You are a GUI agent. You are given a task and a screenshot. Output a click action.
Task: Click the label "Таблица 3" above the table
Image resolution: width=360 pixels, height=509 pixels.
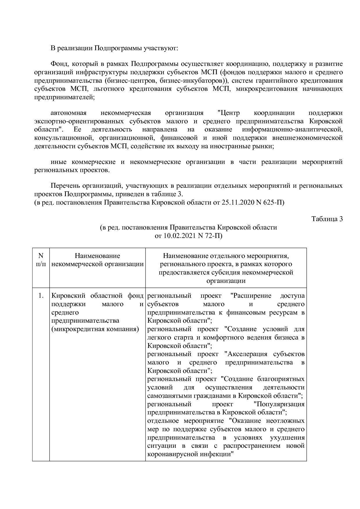point(327,219)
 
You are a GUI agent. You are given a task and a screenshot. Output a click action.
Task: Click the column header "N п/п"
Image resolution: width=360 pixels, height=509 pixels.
point(41,260)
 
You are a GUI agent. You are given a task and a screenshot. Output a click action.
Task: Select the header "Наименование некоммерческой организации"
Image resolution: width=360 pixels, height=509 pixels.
point(97,260)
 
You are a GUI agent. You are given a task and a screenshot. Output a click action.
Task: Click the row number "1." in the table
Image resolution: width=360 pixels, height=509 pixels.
point(41,296)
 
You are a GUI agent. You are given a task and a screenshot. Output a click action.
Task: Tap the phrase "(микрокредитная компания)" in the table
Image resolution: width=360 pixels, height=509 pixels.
point(95,329)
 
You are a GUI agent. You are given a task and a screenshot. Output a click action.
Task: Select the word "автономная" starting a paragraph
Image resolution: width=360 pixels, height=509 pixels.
point(69,113)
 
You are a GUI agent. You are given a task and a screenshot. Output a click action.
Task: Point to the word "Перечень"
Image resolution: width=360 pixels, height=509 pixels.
point(65,186)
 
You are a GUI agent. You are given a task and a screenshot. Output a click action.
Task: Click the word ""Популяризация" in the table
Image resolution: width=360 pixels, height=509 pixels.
point(279,404)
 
